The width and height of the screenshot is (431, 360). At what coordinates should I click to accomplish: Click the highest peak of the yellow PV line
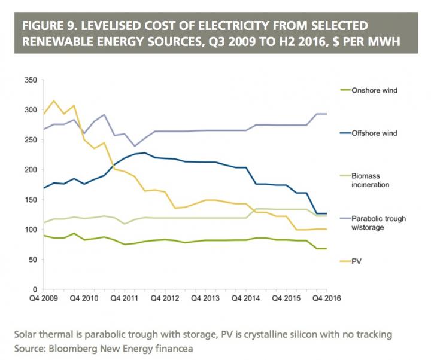53,100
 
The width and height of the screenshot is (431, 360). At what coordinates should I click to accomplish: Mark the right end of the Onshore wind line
326,248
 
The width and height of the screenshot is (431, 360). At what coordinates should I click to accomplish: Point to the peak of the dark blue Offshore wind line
144,152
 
